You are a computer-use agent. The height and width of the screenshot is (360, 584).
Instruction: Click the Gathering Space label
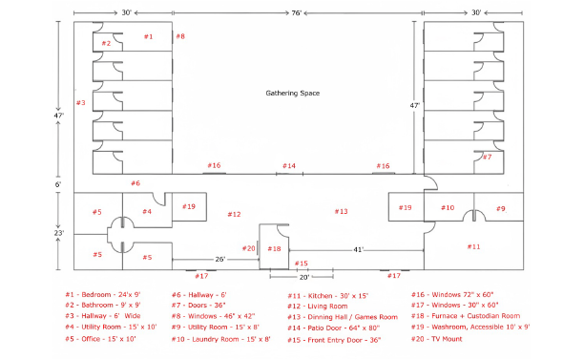coord(292,94)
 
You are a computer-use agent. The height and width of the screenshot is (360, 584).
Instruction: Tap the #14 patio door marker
coord(289,166)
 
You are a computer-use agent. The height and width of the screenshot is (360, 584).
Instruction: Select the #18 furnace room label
coord(274,248)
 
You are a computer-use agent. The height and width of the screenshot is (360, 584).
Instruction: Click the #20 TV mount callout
coord(248,248)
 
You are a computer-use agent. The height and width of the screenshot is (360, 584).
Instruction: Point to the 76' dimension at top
coord(296,13)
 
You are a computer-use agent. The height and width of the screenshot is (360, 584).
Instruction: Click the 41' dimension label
coord(358,249)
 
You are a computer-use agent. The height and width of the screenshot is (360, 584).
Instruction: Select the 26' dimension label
coord(220,259)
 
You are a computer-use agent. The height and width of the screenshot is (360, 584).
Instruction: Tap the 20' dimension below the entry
coord(304,277)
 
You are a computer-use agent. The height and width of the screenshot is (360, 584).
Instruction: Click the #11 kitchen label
coord(473,246)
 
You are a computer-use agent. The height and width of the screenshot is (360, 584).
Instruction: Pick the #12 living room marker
coord(235,214)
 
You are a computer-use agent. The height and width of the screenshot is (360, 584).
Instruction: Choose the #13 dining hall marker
coord(342,212)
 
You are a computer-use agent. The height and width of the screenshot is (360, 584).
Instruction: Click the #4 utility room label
coord(147,212)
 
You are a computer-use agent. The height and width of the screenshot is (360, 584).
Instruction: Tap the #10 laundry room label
coord(448,207)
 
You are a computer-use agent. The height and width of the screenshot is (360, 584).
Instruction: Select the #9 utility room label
coord(501,209)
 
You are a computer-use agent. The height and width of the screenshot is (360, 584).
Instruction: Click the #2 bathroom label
coord(107,43)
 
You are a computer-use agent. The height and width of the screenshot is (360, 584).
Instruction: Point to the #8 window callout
coord(180,36)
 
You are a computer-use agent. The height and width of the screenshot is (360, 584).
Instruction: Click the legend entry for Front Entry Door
coord(334,340)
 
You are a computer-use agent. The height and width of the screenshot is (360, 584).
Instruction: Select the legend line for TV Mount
coord(436,339)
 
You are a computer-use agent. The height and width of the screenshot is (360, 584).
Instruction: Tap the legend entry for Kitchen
coord(327,296)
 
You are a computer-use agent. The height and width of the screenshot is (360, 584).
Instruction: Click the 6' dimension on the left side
coord(58,184)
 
